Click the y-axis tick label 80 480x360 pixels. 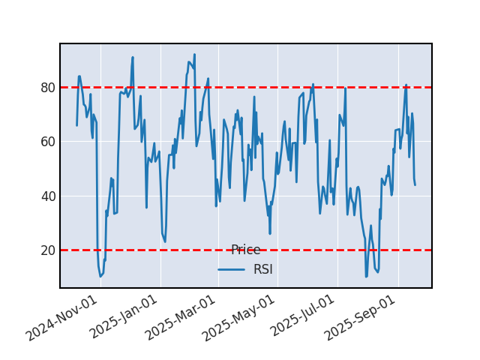(47, 88)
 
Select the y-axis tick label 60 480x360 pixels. (47, 142)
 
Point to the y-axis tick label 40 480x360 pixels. (47, 196)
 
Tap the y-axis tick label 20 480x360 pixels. (47, 250)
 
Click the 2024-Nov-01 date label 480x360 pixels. (62, 318)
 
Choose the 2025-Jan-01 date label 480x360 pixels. (124, 318)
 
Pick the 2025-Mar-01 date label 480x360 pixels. (182, 318)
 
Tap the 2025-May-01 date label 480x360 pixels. (241, 318)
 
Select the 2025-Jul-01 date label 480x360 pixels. (301, 318)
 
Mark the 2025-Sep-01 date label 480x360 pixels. (362, 318)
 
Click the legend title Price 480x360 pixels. (245, 250)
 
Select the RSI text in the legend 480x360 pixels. (262, 269)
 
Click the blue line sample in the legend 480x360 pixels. (231, 269)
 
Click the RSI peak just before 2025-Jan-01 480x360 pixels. (133, 57)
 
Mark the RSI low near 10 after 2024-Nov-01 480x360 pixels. (100, 276)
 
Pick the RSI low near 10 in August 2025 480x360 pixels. (366, 277)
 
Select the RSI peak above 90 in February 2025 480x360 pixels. (194, 55)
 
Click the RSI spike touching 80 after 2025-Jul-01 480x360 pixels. (345, 88)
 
